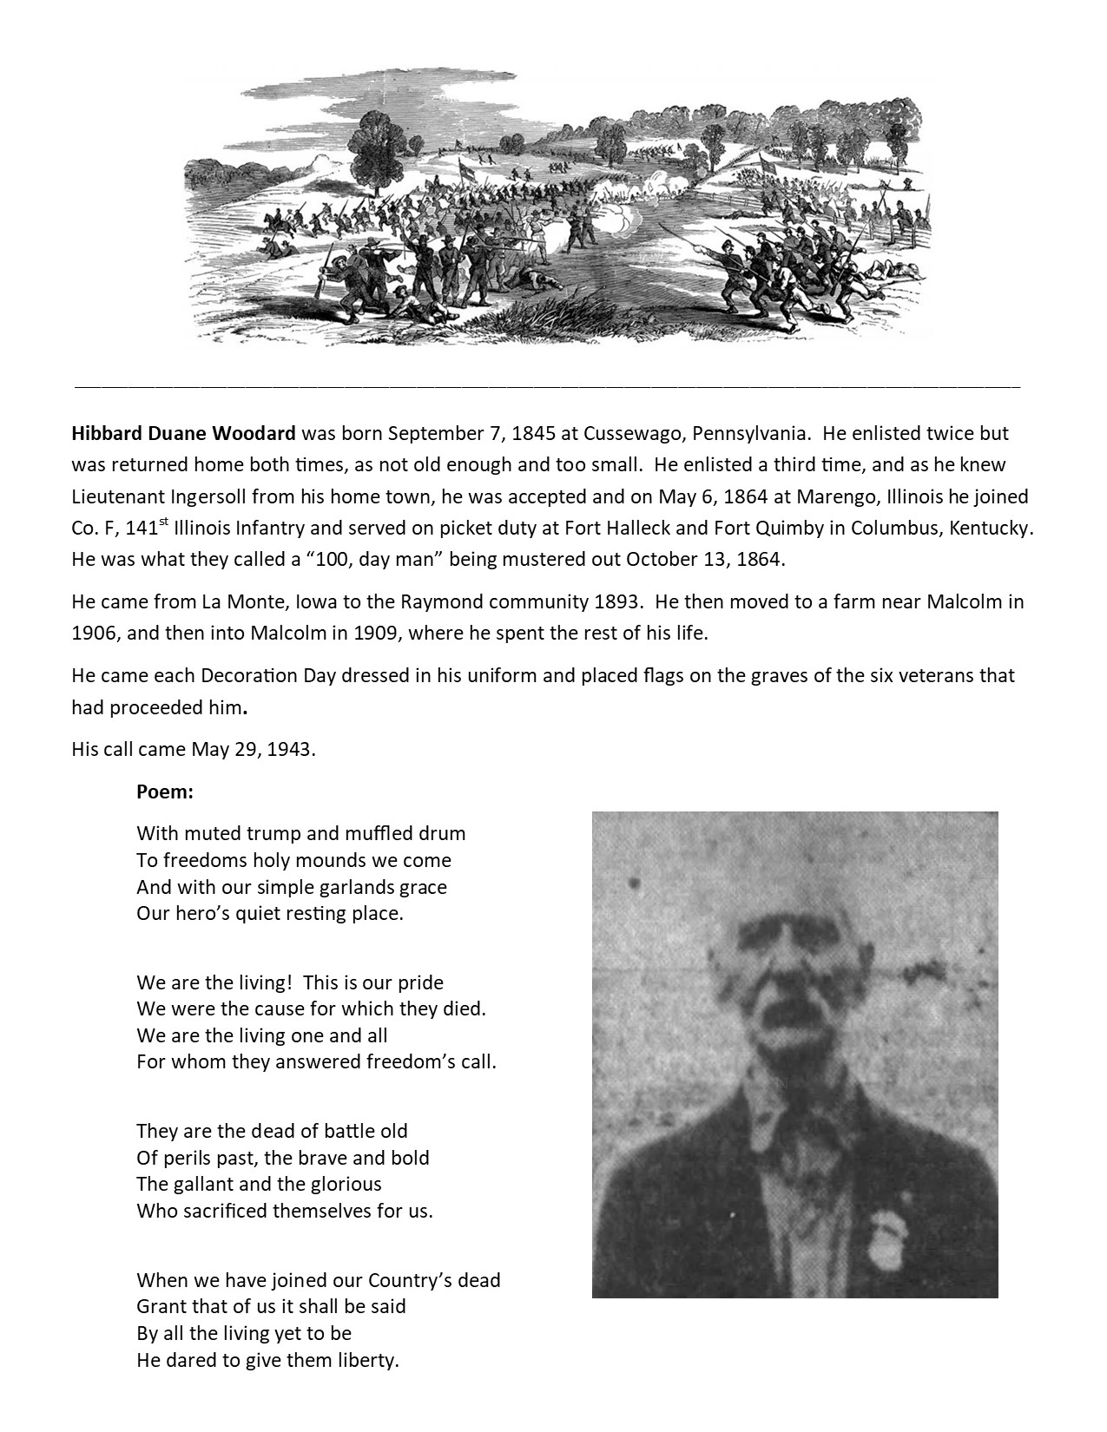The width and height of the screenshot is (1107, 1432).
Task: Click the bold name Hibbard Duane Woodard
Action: (x=184, y=433)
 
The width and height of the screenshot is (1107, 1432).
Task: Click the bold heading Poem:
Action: (x=165, y=792)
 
